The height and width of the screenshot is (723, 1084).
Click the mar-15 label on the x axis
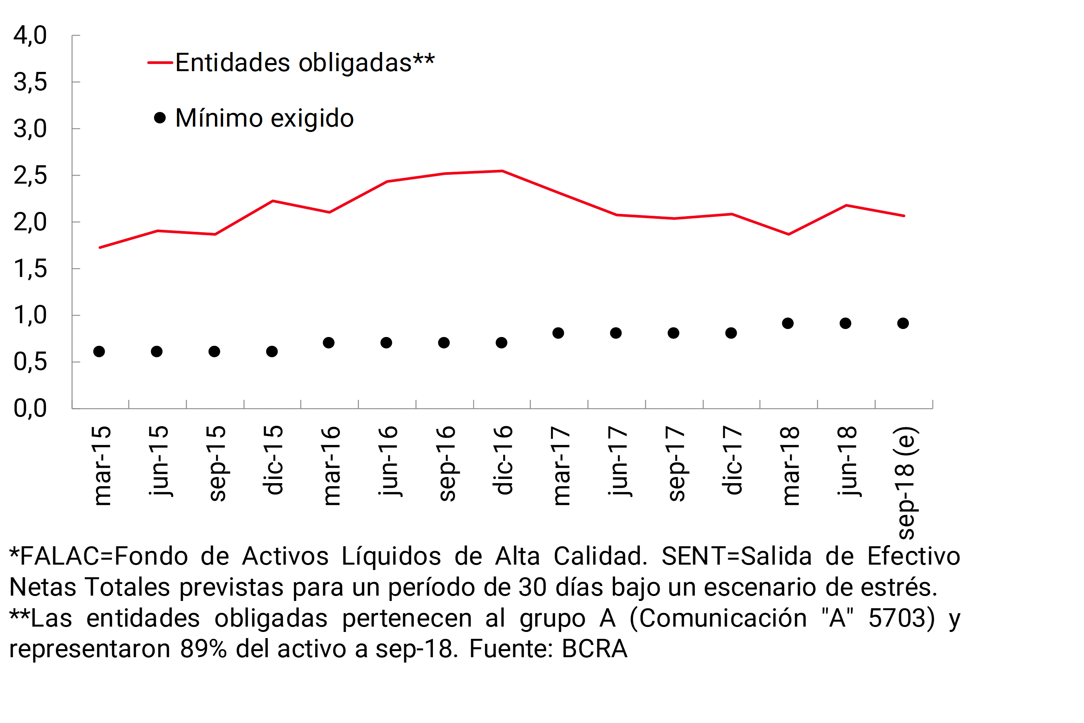click(x=102, y=466)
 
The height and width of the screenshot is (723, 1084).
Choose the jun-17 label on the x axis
click(x=618, y=461)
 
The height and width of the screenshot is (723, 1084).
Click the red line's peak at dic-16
click(x=502, y=171)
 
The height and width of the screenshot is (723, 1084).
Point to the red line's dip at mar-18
click(x=788, y=234)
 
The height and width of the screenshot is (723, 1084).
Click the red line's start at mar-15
click(x=100, y=248)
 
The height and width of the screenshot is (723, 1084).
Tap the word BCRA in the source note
click(x=595, y=649)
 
